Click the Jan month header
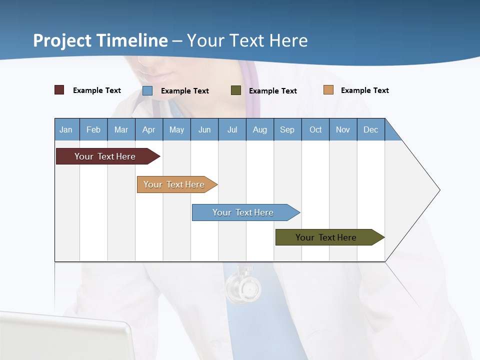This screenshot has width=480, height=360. pos(66,129)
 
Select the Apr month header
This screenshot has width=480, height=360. pos(148,129)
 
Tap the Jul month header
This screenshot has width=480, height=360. pos(232,129)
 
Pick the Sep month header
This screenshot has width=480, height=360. pos(287,129)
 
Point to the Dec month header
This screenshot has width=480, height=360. pos(370,129)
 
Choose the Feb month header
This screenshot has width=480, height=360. pos(93,129)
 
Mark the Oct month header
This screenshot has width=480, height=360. pos(315,129)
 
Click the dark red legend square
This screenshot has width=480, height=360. pos(59,90)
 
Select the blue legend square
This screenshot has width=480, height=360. pos(147,90)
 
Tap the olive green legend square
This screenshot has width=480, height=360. pos(236,90)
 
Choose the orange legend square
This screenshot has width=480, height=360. pos(328,90)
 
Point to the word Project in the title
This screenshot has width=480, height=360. pos(62,40)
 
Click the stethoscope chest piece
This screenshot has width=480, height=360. pos(243,287)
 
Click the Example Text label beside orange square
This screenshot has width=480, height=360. pos(364,90)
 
